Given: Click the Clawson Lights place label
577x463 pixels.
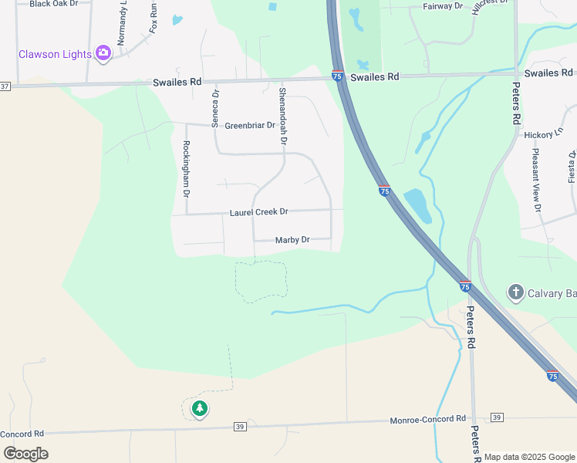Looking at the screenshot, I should point(55,54).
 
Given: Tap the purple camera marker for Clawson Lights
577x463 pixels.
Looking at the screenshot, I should point(103,53).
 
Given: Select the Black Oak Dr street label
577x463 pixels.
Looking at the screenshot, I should point(53,4).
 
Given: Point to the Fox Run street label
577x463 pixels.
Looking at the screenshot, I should point(154,19).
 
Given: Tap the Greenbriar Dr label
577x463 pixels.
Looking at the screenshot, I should point(250,126).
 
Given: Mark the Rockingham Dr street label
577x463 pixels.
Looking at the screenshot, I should point(186,169).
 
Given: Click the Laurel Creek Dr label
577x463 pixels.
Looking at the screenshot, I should point(258,211).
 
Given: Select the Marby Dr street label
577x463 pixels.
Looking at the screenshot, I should point(292,240).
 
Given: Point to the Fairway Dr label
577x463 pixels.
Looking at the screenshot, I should point(443,6).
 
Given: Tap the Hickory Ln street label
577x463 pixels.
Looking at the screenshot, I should point(539,134).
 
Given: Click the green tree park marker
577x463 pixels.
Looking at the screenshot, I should point(200,408).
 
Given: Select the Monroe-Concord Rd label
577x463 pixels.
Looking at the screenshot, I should point(428,418).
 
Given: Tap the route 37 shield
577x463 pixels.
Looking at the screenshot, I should point(5,86).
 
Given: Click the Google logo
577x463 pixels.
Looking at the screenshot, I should point(25,453).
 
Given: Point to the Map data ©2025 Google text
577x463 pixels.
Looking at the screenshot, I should point(528,457).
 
